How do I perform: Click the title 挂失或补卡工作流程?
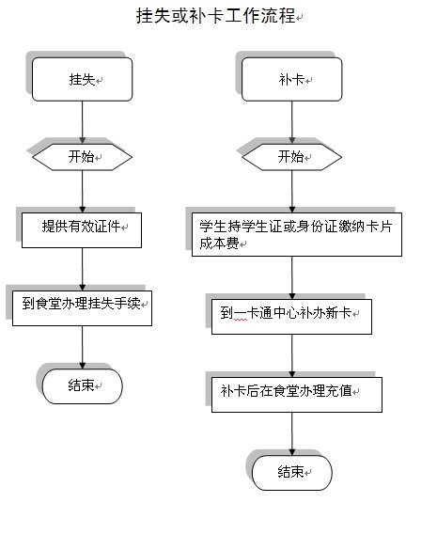216,16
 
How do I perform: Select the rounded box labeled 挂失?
82,79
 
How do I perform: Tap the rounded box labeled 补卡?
291,79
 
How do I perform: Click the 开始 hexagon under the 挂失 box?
82,157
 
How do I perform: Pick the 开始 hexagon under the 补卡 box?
291,157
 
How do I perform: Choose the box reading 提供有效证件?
82,230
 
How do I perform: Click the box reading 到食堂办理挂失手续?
82,308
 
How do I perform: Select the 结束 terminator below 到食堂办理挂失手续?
82,386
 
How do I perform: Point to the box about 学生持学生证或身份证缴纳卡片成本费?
297,234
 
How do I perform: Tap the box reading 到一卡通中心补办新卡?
291,317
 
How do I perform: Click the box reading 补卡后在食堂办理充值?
297,395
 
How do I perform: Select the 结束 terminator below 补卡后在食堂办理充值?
291,473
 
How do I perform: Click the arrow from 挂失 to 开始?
82,122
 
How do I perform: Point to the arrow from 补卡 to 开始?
291,122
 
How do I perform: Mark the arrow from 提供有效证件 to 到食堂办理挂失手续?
82,270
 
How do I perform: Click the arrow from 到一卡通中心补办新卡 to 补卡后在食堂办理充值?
291,356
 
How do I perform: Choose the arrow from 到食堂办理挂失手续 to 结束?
82,347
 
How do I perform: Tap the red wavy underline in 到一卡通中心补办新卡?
241,321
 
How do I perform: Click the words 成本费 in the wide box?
219,243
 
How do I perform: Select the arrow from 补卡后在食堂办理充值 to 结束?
291,434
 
